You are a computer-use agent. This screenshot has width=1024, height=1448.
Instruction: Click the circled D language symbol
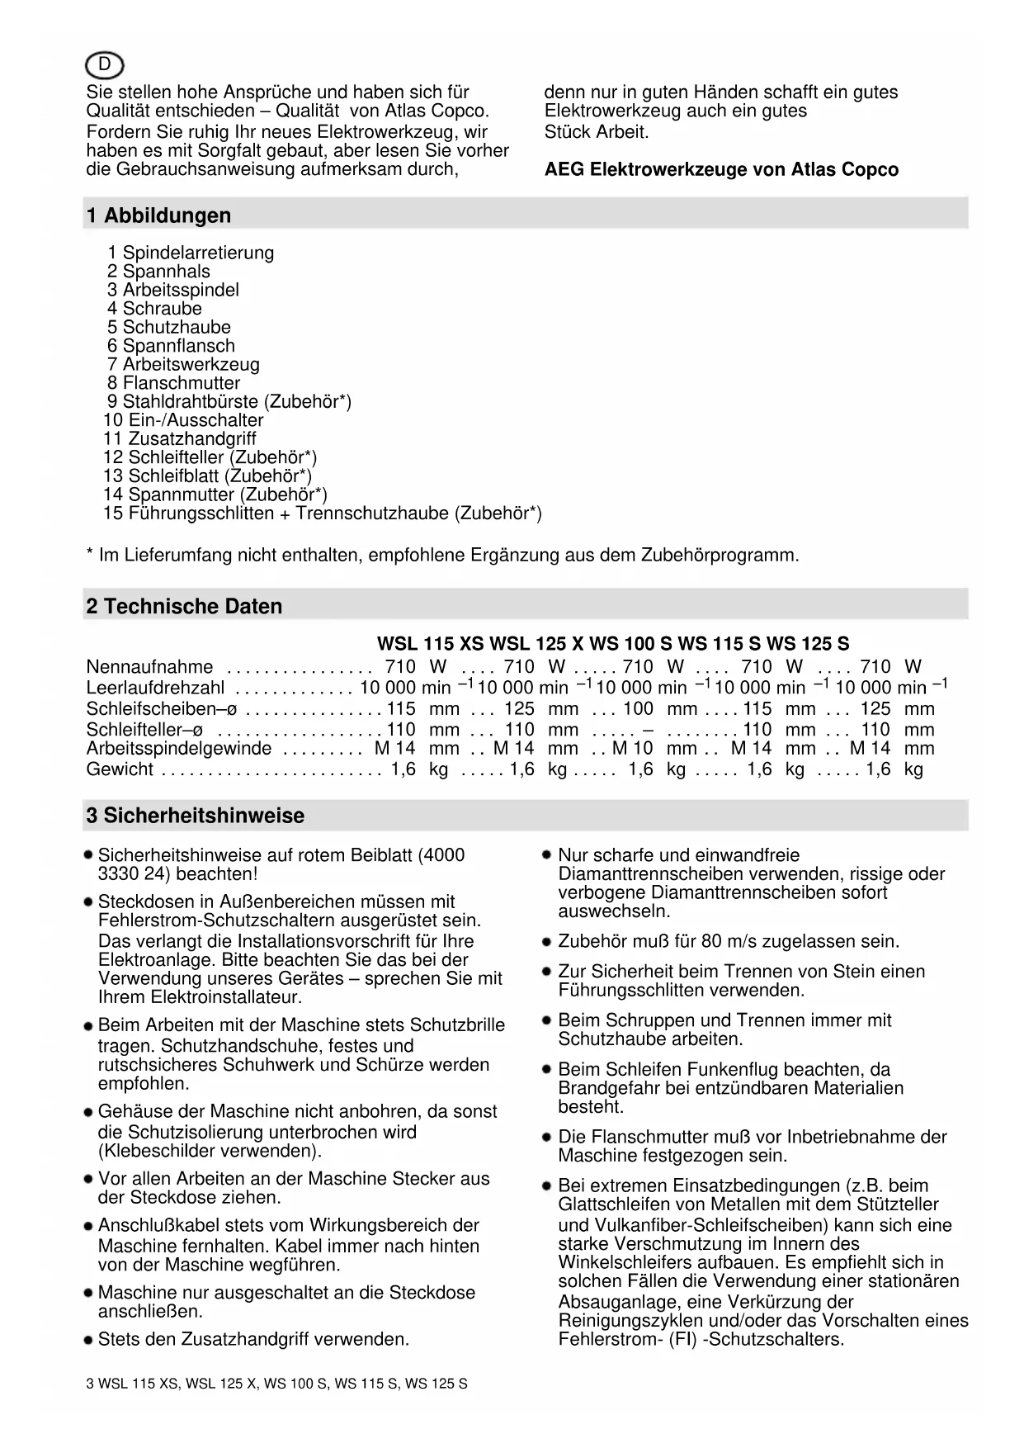click(104, 64)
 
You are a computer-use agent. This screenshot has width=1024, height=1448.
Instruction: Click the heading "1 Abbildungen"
click(158, 215)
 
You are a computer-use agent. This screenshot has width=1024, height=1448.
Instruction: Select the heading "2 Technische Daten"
click(184, 606)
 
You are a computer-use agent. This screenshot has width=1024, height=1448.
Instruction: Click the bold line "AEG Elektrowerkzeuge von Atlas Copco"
click(721, 170)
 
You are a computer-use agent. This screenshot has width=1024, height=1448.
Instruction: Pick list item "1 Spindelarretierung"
click(191, 253)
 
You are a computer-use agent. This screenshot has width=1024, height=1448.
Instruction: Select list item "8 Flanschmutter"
click(173, 383)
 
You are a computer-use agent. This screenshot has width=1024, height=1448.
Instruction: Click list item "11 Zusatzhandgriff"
click(179, 439)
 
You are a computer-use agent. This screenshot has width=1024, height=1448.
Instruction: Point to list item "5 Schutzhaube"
click(168, 328)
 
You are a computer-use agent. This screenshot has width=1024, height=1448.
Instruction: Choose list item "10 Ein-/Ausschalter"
click(183, 420)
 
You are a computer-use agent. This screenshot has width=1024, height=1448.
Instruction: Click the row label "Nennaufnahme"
click(149, 667)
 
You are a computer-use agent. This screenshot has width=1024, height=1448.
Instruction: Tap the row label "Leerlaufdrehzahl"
click(155, 688)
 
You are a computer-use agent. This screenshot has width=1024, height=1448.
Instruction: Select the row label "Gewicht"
click(120, 769)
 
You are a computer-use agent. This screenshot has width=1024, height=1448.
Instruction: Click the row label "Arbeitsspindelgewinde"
click(179, 749)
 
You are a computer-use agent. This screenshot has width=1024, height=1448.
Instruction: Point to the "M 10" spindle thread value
click(632, 749)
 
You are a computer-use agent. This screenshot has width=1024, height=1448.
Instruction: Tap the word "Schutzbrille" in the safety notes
click(457, 1025)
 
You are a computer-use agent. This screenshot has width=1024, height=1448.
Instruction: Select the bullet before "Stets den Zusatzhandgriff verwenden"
click(87, 1340)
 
